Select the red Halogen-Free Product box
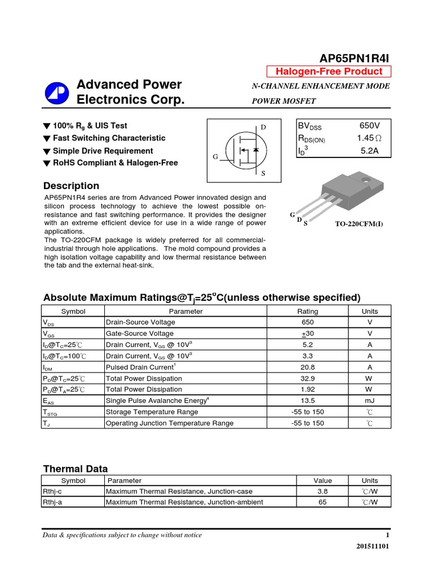coord(328,71)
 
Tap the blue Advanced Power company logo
coord(56,92)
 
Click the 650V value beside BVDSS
coord(369,126)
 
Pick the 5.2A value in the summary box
coord(370,151)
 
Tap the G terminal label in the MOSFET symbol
coord(215,156)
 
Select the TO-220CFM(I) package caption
coord(359,224)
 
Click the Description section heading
coord(71,186)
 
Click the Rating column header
coord(307,311)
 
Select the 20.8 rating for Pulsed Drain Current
coord(307,367)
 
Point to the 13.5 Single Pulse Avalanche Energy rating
coord(307,400)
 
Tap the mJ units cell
coord(370,400)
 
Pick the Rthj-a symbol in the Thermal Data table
coord(52,502)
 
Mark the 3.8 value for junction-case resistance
coord(322,491)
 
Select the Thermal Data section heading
coord(76,468)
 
